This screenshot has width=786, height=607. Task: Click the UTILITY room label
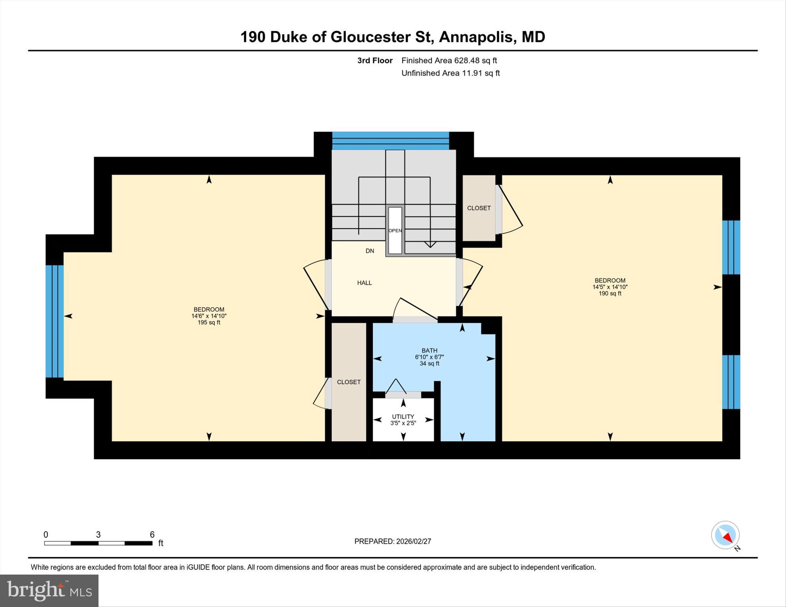click(403, 416)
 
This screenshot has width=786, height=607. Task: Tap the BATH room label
click(429, 350)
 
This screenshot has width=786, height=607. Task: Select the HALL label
click(364, 283)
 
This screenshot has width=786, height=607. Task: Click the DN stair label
click(369, 251)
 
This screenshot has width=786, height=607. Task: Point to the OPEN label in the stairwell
click(395, 231)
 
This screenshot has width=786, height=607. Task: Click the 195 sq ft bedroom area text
click(209, 323)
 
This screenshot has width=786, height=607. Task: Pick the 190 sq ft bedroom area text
click(610, 293)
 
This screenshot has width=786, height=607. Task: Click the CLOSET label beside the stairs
click(479, 208)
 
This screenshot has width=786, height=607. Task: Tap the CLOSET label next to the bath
click(348, 382)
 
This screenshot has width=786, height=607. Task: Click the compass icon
click(725, 535)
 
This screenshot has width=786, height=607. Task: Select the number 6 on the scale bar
click(152, 535)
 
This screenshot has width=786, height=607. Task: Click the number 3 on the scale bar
click(98, 535)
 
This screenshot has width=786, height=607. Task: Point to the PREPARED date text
click(392, 541)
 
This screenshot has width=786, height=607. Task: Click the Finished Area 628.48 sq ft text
click(449, 61)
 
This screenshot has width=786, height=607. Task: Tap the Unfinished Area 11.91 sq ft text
click(451, 73)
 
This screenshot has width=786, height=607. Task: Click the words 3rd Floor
click(375, 61)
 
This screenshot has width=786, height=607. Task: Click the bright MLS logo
click(49, 590)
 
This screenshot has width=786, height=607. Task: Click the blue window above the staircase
click(390, 141)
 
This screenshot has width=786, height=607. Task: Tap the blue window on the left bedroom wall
click(55, 321)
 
